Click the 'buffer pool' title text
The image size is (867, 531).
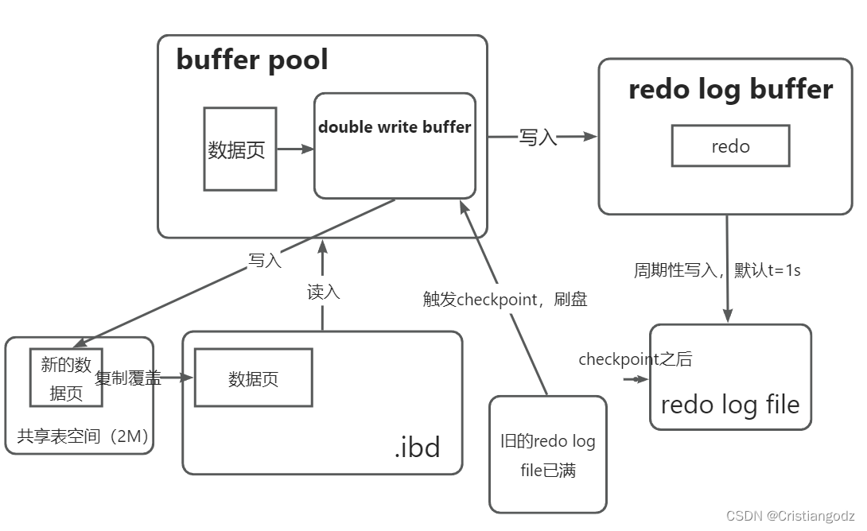(251, 60)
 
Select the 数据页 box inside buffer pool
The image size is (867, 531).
(239, 149)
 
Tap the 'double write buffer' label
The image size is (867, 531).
(395, 127)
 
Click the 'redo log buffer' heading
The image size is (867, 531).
(730, 90)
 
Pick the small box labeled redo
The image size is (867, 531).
(730, 146)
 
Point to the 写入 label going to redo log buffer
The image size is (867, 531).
(538, 137)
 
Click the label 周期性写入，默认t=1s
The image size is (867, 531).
(717, 270)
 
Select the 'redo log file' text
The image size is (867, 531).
(729, 405)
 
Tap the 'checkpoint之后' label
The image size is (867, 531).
(635, 359)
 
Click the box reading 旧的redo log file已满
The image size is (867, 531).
(547, 455)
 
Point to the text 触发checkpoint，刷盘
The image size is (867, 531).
(504, 299)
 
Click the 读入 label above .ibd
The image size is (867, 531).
(323, 292)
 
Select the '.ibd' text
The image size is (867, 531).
(417, 448)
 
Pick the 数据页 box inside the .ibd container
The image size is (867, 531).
(253, 378)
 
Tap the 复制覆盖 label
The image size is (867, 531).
(128, 378)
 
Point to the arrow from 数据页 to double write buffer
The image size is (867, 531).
(295, 149)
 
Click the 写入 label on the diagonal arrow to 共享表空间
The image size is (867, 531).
(265, 261)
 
